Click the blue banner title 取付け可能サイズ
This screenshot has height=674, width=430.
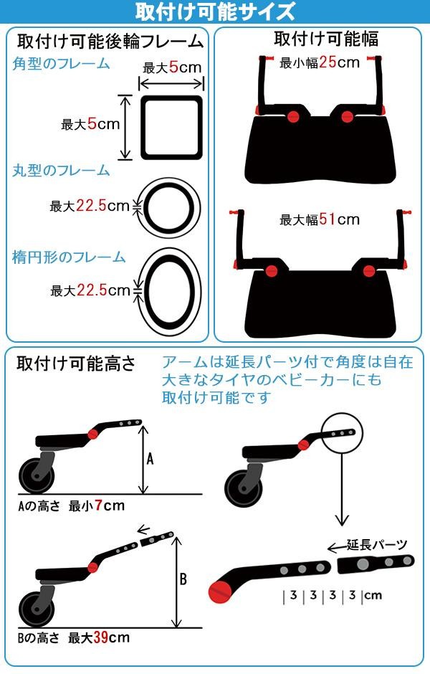click(x=215, y=11)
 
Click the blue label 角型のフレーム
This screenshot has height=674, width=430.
click(x=61, y=64)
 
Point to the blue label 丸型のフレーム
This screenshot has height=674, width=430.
click(x=61, y=170)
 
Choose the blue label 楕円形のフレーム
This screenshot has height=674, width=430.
click(x=69, y=257)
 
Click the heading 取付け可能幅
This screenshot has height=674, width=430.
click(x=326, y=39)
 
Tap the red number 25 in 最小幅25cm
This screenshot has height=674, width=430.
click(x=328, y=62)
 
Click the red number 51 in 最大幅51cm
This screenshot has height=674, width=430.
click(x=328, y=219)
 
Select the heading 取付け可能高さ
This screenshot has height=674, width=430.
click(x=75, y=364)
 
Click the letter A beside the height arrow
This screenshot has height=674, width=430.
click(x=150, y=460)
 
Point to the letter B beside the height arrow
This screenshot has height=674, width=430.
click(x=183, y=579)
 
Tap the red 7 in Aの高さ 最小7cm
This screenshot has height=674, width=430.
click(x=98, y=505)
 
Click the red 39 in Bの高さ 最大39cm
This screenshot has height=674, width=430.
click(x=100, y=637)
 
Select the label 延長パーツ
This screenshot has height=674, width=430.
click(x=377, y=545)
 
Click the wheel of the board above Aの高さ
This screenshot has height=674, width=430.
click(x=37, y=476)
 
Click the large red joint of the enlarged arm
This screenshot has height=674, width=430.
click(x=220, y=591)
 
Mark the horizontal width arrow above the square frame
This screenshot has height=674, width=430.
click(x=171, y=83)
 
